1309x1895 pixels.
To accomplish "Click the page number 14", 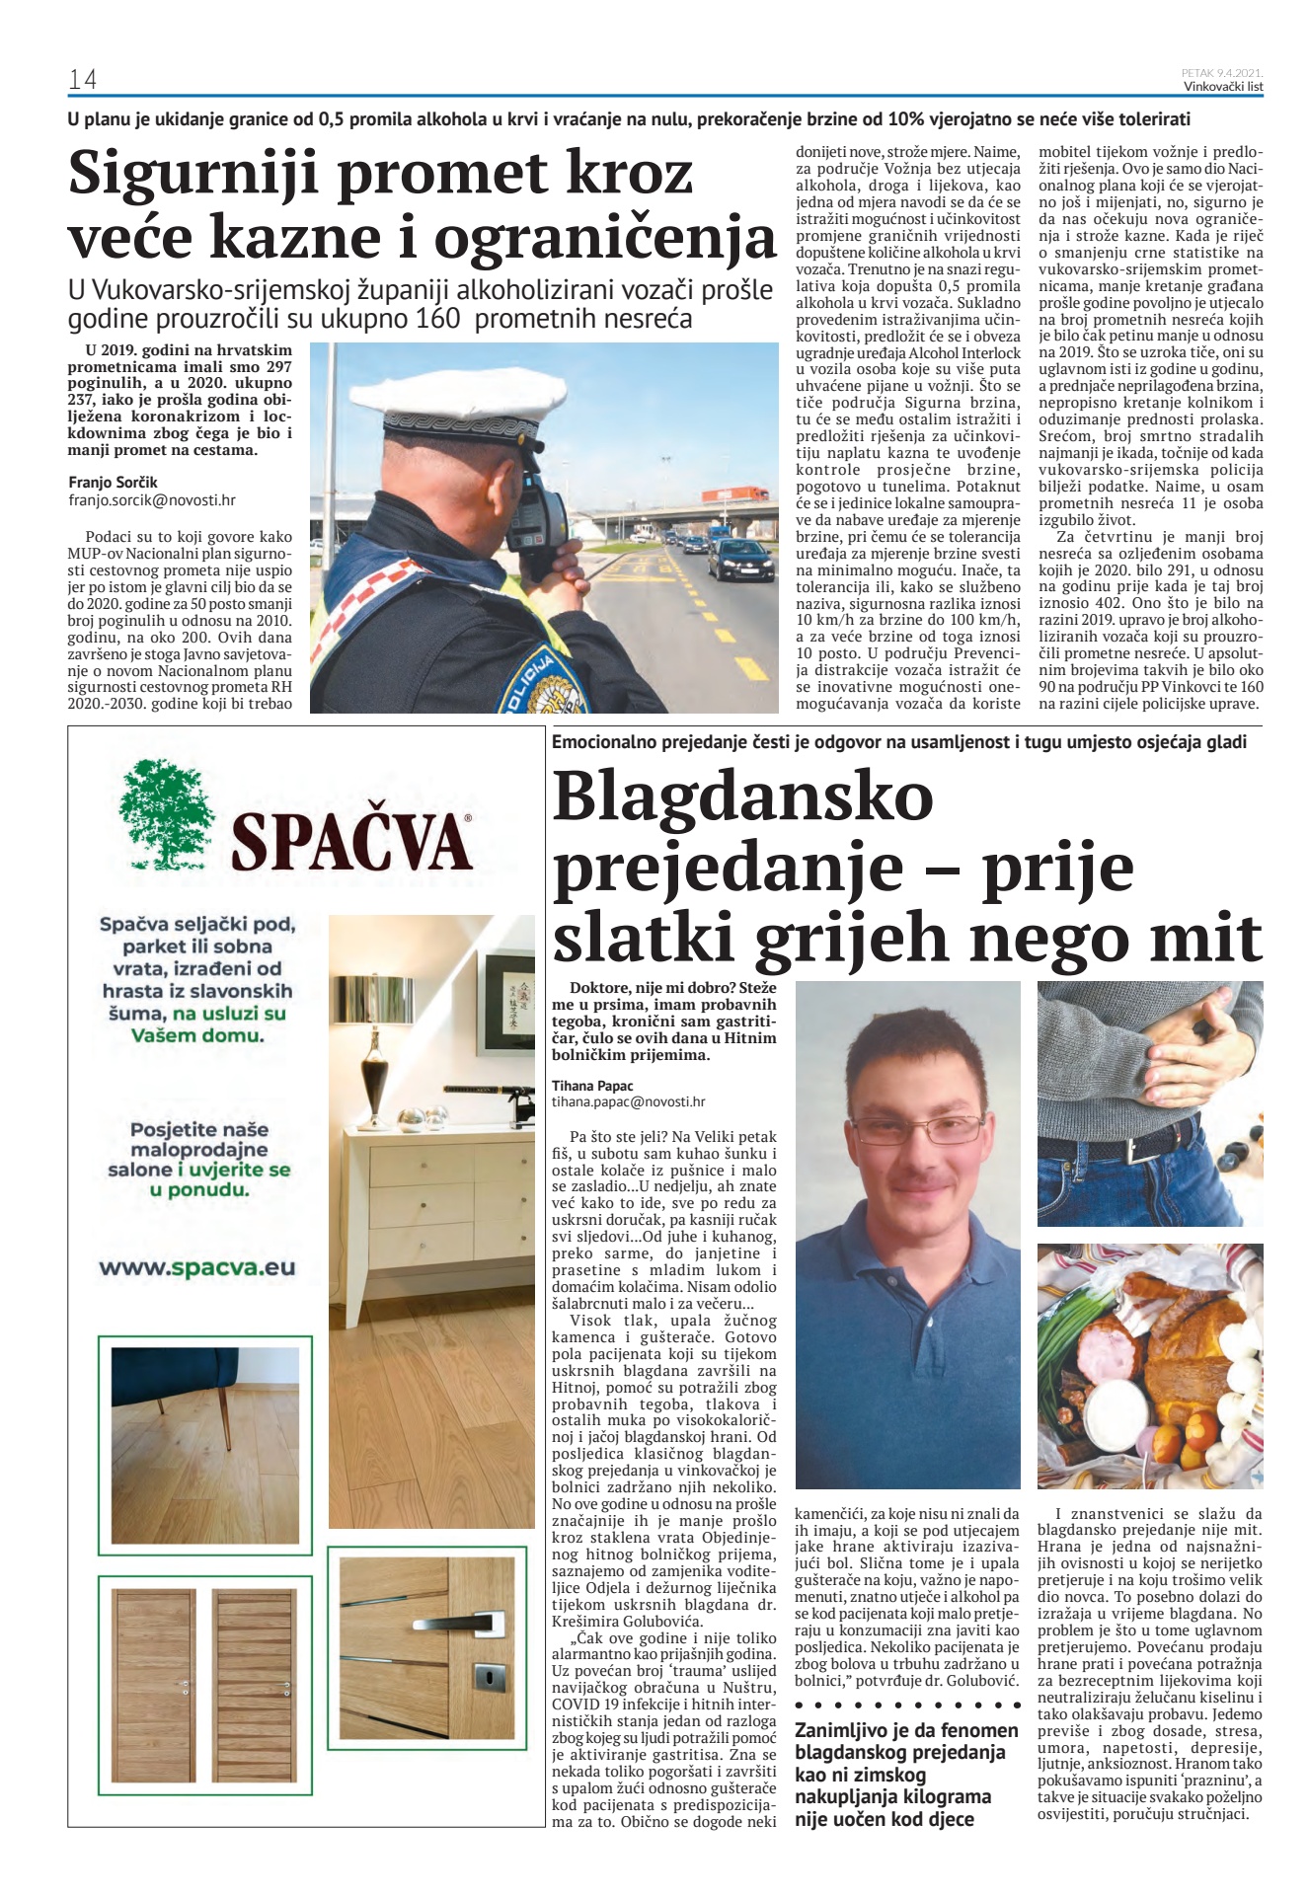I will tap(82, 80).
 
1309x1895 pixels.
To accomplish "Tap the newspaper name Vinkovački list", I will tap(1223, 87).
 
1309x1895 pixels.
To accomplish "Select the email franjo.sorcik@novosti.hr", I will tap(152, 500).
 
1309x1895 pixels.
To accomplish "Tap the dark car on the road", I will tap(739, 559).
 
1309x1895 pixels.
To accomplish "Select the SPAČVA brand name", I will tap(351, 842).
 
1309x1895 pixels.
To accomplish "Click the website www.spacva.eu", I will tap(197, 1268).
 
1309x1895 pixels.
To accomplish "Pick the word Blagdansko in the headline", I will tap(742, 797).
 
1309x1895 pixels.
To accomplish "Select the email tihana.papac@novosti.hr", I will tap(629, 1101).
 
